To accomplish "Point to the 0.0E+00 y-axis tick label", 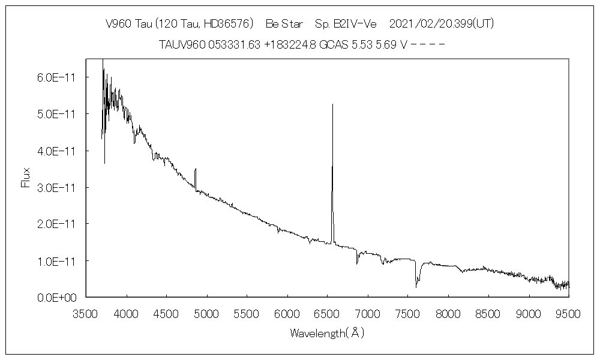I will pos(58,297).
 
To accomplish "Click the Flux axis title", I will pos(26,178).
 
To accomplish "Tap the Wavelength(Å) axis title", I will pos(327,332).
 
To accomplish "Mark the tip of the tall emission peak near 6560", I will pos(332,104).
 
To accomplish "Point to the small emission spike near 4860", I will pos(196,170).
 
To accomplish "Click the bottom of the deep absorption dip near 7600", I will pos(416,287).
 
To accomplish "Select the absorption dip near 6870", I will pos(357,263).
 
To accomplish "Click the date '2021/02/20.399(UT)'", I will pos(442,24).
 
